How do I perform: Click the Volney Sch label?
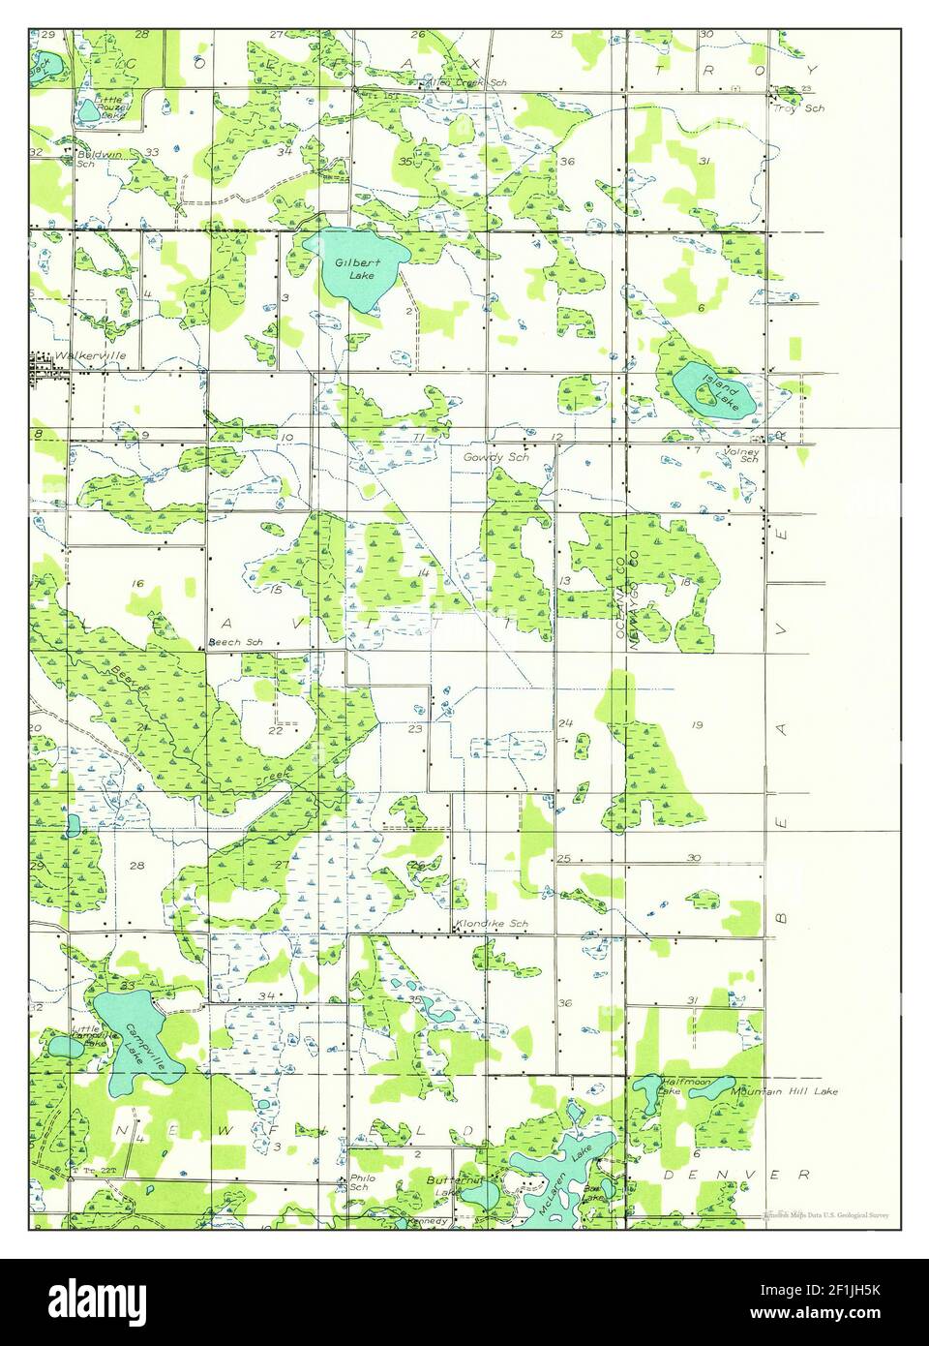(x=742, y=456)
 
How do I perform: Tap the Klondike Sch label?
(x=494, y=925)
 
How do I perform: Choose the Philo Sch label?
(x=359, y=1182)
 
